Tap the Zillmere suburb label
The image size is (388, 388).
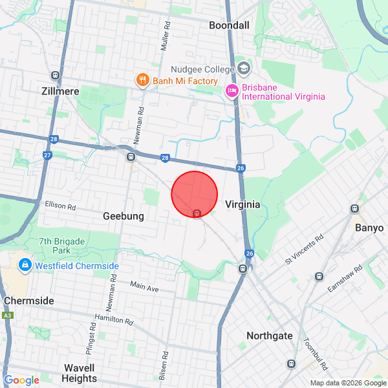59,91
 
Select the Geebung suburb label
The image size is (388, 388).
123,216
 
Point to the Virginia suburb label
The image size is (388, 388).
242,204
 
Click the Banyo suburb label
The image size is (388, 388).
369,228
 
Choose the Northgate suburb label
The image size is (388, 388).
269,336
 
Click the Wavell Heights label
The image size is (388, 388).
80,373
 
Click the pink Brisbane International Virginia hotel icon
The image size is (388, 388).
232,92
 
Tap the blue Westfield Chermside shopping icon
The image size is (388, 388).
25,265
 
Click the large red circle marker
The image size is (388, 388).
194,194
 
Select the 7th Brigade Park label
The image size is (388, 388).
62,245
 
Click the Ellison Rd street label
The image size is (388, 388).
61,207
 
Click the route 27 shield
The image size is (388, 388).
47,155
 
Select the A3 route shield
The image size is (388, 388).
7,315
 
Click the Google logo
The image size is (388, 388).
21,380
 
